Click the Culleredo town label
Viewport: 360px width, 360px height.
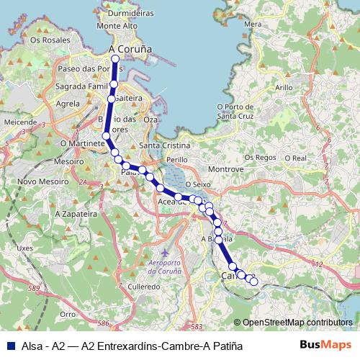pyautogui.click(x=143, y=286)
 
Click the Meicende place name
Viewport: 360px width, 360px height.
pyautogui.click(x=19, y=122)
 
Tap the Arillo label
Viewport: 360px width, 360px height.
pyautogui.click(x=284, y=87)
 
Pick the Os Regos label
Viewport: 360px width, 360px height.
pyautogui.click(x=260, y=157)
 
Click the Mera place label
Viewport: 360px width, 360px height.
pyautogui.click(x=253, y=24)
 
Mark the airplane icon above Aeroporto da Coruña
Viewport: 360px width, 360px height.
pyautogui.click(x=165, y=253)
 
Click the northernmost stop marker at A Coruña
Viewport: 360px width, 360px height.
pyautogui.click(x=115, y=58)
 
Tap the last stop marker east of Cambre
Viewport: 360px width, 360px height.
pyautogui.click(x=253, y=282)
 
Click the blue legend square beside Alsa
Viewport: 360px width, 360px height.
pyautogui.click(x=9, y=346)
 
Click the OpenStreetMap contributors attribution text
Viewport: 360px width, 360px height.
pyautogui.click(x=297, y=323)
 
